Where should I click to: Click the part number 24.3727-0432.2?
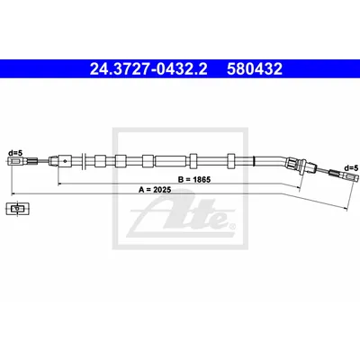tap(148, 69)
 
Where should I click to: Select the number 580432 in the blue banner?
tap(255, 69)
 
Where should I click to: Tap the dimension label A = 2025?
tap(155, 190)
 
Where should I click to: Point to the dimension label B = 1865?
tap(194, 180)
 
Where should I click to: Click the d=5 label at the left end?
tap(15, 153)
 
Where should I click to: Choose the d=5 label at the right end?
tap(351, 167)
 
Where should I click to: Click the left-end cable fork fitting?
tap(15, 161)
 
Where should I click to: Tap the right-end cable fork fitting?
tap(352, 176)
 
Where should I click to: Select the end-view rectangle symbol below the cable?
tap(18, 209)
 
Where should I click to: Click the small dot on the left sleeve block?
tap(65, 161)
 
